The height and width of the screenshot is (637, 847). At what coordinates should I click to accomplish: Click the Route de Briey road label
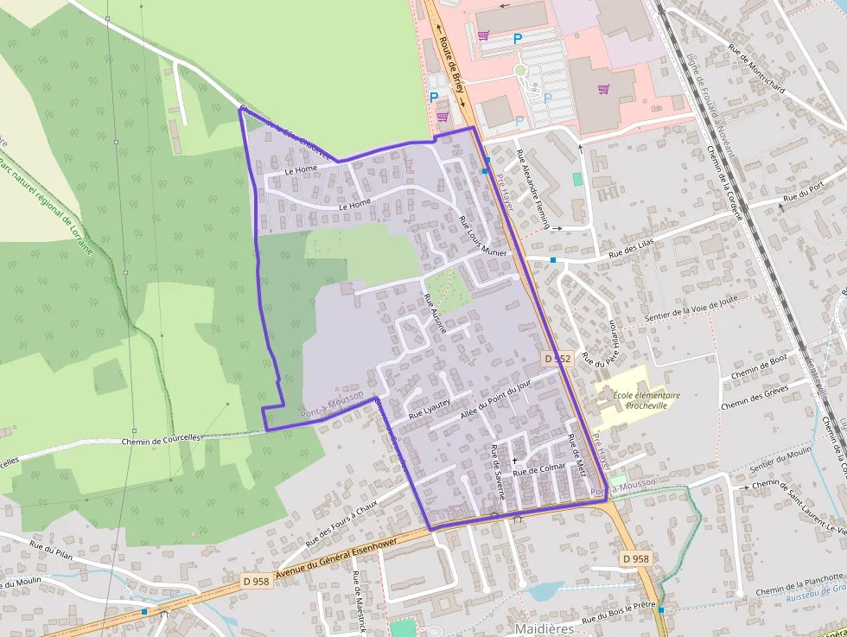pyautogui.click(x=452, y=65)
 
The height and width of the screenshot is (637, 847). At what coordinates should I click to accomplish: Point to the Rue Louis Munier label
pyautogui.click(x=481, y=235)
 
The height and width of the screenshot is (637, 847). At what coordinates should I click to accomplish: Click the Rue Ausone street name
pyautogui.click(x=435, y=314)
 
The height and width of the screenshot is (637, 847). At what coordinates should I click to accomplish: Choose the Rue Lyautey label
pyautogui.click(x=430, y=409)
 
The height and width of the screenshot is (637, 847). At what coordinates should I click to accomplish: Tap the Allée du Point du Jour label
pyautogui.click(x=495, y=399)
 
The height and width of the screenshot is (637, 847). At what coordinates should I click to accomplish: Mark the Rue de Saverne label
pyautogui.click(x=498, y=471)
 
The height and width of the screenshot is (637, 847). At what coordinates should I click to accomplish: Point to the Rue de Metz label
pyautogui.click(x=576, y=456)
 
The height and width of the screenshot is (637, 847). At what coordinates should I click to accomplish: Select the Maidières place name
pyautogui.click(x=544, y=628)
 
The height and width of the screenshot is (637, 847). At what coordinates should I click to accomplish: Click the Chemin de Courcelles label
pyautogui.click(x=161, y=438)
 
